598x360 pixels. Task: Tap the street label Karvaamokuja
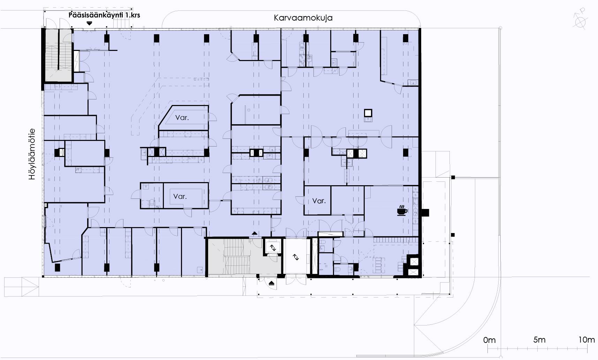[303, 18]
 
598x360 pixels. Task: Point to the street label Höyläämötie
[32, 154]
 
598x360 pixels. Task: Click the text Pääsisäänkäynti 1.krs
[104, 15]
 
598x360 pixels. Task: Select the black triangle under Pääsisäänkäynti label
[90, 23]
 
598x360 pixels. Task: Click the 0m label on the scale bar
[490, 340]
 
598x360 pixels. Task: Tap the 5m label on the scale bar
[539, 340]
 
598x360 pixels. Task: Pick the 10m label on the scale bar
[586, 340]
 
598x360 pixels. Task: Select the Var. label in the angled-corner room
[182, 118]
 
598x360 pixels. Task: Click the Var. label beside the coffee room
[319, 201]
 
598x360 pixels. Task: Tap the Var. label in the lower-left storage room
[180, 196]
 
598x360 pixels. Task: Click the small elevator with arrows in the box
[273, 248]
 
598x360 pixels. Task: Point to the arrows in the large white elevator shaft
[296, 257]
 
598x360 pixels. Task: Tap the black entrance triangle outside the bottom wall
[272, 283]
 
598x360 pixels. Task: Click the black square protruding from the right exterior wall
[425, 212]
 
